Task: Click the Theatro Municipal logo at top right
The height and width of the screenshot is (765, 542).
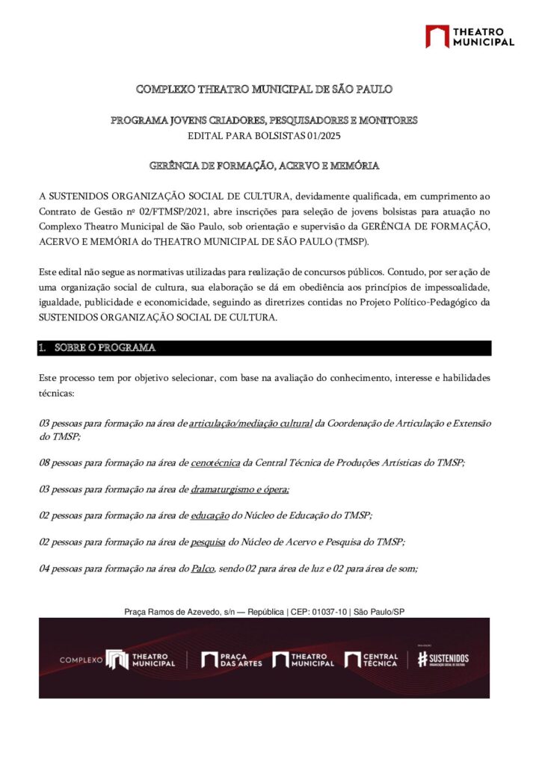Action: (469, 37)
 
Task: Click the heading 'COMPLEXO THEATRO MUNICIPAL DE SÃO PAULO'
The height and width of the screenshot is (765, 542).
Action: (264, 90)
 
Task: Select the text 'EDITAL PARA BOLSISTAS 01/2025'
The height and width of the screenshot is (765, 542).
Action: (264, 134)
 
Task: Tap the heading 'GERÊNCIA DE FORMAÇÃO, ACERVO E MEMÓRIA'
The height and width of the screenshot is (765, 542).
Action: (264, 165)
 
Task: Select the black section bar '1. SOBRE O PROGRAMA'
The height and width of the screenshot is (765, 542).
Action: (265, 348)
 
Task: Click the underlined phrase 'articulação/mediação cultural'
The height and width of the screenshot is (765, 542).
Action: (250, 424)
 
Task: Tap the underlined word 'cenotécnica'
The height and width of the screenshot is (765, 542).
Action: (215, 463)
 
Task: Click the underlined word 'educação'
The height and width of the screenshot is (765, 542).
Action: (211, 515)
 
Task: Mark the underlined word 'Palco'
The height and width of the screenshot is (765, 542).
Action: (203, 569)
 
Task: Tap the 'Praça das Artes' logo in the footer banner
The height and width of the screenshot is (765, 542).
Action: (232, 660)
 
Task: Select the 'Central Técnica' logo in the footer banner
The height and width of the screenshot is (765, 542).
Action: (372, 660)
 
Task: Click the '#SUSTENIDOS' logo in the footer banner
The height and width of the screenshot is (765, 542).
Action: (443, 658)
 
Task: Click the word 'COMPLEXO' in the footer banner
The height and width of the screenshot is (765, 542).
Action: (80, 660)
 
